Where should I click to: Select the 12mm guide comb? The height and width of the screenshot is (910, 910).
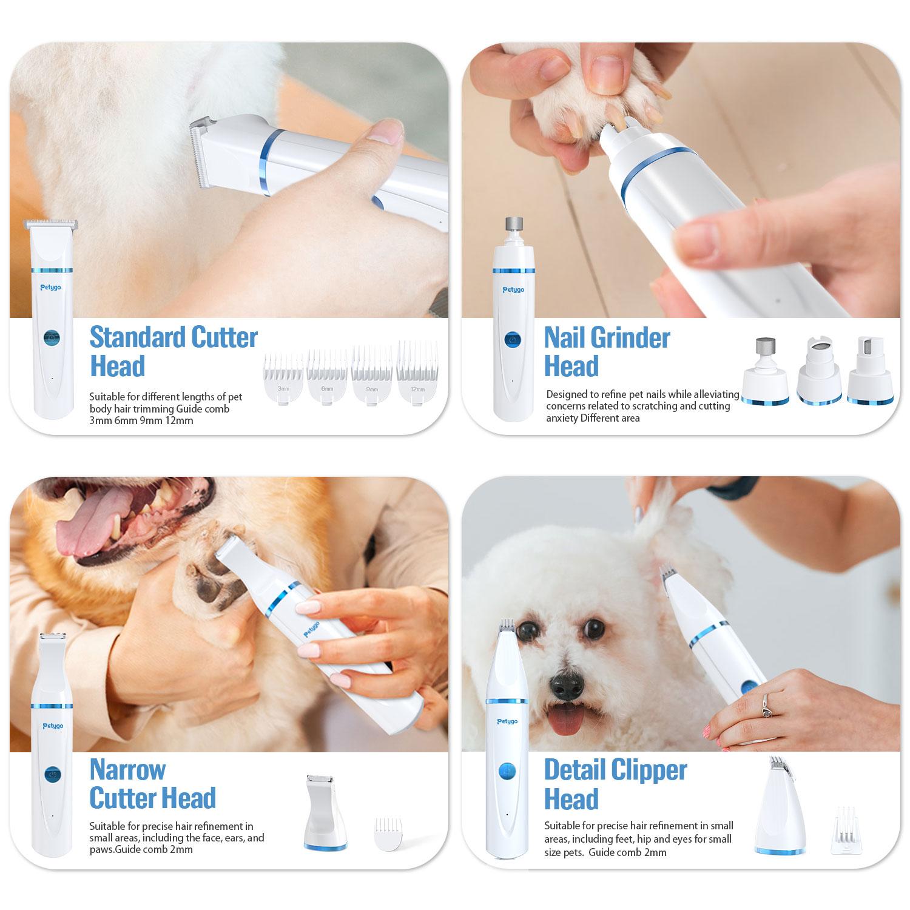[x=417, y=373]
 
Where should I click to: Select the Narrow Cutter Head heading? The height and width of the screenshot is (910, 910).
[x=152, y=784]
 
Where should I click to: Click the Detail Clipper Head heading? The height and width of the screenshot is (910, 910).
[x=615, y=784]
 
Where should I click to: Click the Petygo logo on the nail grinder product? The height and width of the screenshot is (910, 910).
[x=513, y=289]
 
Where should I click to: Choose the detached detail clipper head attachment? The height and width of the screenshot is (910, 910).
[x=780, y=807]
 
